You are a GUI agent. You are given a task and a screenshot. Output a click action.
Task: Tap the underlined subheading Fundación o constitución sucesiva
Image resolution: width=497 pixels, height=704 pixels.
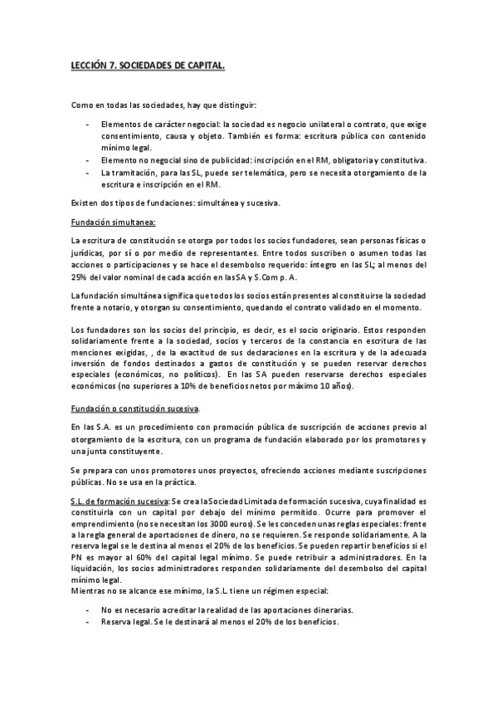point(135,409)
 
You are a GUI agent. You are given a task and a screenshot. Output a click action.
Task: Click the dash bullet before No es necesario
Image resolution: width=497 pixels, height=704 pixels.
point(88,609)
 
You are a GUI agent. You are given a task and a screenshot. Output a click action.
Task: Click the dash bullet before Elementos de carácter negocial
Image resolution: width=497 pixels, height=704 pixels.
point(88,124)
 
